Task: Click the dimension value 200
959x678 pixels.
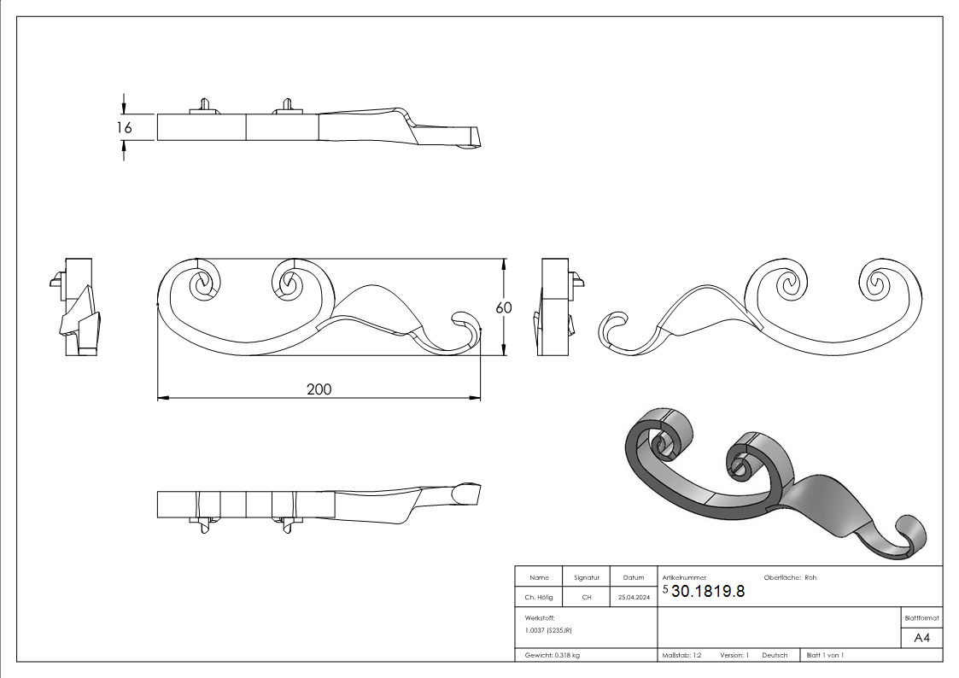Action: pos(319,389)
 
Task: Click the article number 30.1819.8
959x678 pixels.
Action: pos(708,591)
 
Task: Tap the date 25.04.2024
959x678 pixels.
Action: pos(633,598)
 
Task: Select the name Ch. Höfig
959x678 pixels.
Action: pos(538,598)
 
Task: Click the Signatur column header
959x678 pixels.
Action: pos(587,577)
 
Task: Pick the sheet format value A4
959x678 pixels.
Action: pos(921,638)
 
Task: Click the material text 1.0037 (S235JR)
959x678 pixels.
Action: pos(548,630)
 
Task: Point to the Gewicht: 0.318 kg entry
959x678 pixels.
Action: pos(553,655)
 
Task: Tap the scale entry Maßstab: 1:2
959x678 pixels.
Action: pos(681,655)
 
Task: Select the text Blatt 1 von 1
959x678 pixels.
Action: pos(825,655)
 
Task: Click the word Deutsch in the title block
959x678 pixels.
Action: pos(775,655)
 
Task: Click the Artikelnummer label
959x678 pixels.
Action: pos(684,577)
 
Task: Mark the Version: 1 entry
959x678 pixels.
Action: pos(734,655)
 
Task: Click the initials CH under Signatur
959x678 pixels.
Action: pos(587,598)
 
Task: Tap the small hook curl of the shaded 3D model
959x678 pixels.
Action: pos(912,535)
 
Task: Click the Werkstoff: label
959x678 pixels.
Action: pos(540,617)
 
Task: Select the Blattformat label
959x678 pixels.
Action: pos(921,617)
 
